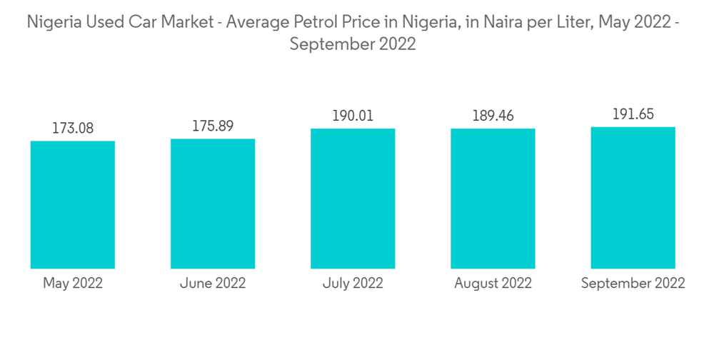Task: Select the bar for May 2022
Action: coord(73,204)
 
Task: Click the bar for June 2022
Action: coord(213,204)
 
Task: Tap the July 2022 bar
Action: coord(353,199)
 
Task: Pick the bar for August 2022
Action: coord(493,199)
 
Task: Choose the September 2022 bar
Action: coord(633,198)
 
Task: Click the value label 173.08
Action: coord(73,129)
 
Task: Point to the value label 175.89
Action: coord(213,126)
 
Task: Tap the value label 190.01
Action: coord(353,116)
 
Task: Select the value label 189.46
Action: coord(493,116)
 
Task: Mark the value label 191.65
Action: coord(633,114)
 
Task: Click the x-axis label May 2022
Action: coord(73,284)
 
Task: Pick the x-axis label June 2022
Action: coord(213,284)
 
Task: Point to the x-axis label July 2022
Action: coord(353,284)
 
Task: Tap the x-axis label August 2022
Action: coord(493,284)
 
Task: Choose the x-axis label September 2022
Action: coord(633,284)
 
